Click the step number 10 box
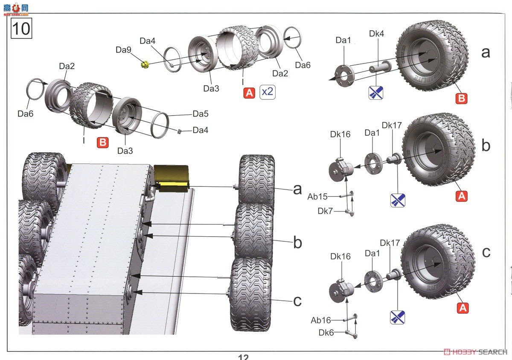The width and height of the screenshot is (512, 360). click(21, 29)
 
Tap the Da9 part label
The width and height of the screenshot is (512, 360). click(123, 50)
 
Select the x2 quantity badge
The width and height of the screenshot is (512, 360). click(268, 92)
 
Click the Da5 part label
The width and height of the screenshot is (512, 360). click(200, 114)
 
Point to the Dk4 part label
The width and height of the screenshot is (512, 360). click(376, 33)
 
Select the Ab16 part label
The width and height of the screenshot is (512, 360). click(321, 320)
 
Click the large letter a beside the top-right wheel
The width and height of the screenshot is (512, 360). click(485, 52)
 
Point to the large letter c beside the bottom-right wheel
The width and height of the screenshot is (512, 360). click(486, 252)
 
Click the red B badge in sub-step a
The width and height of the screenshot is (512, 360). click(461, 99)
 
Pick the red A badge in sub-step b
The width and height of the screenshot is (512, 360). click(462, 196)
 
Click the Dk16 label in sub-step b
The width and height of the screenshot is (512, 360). click(340, 134)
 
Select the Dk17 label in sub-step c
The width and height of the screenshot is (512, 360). click(390, 243)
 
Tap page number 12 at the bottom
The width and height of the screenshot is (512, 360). click(243, 357)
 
